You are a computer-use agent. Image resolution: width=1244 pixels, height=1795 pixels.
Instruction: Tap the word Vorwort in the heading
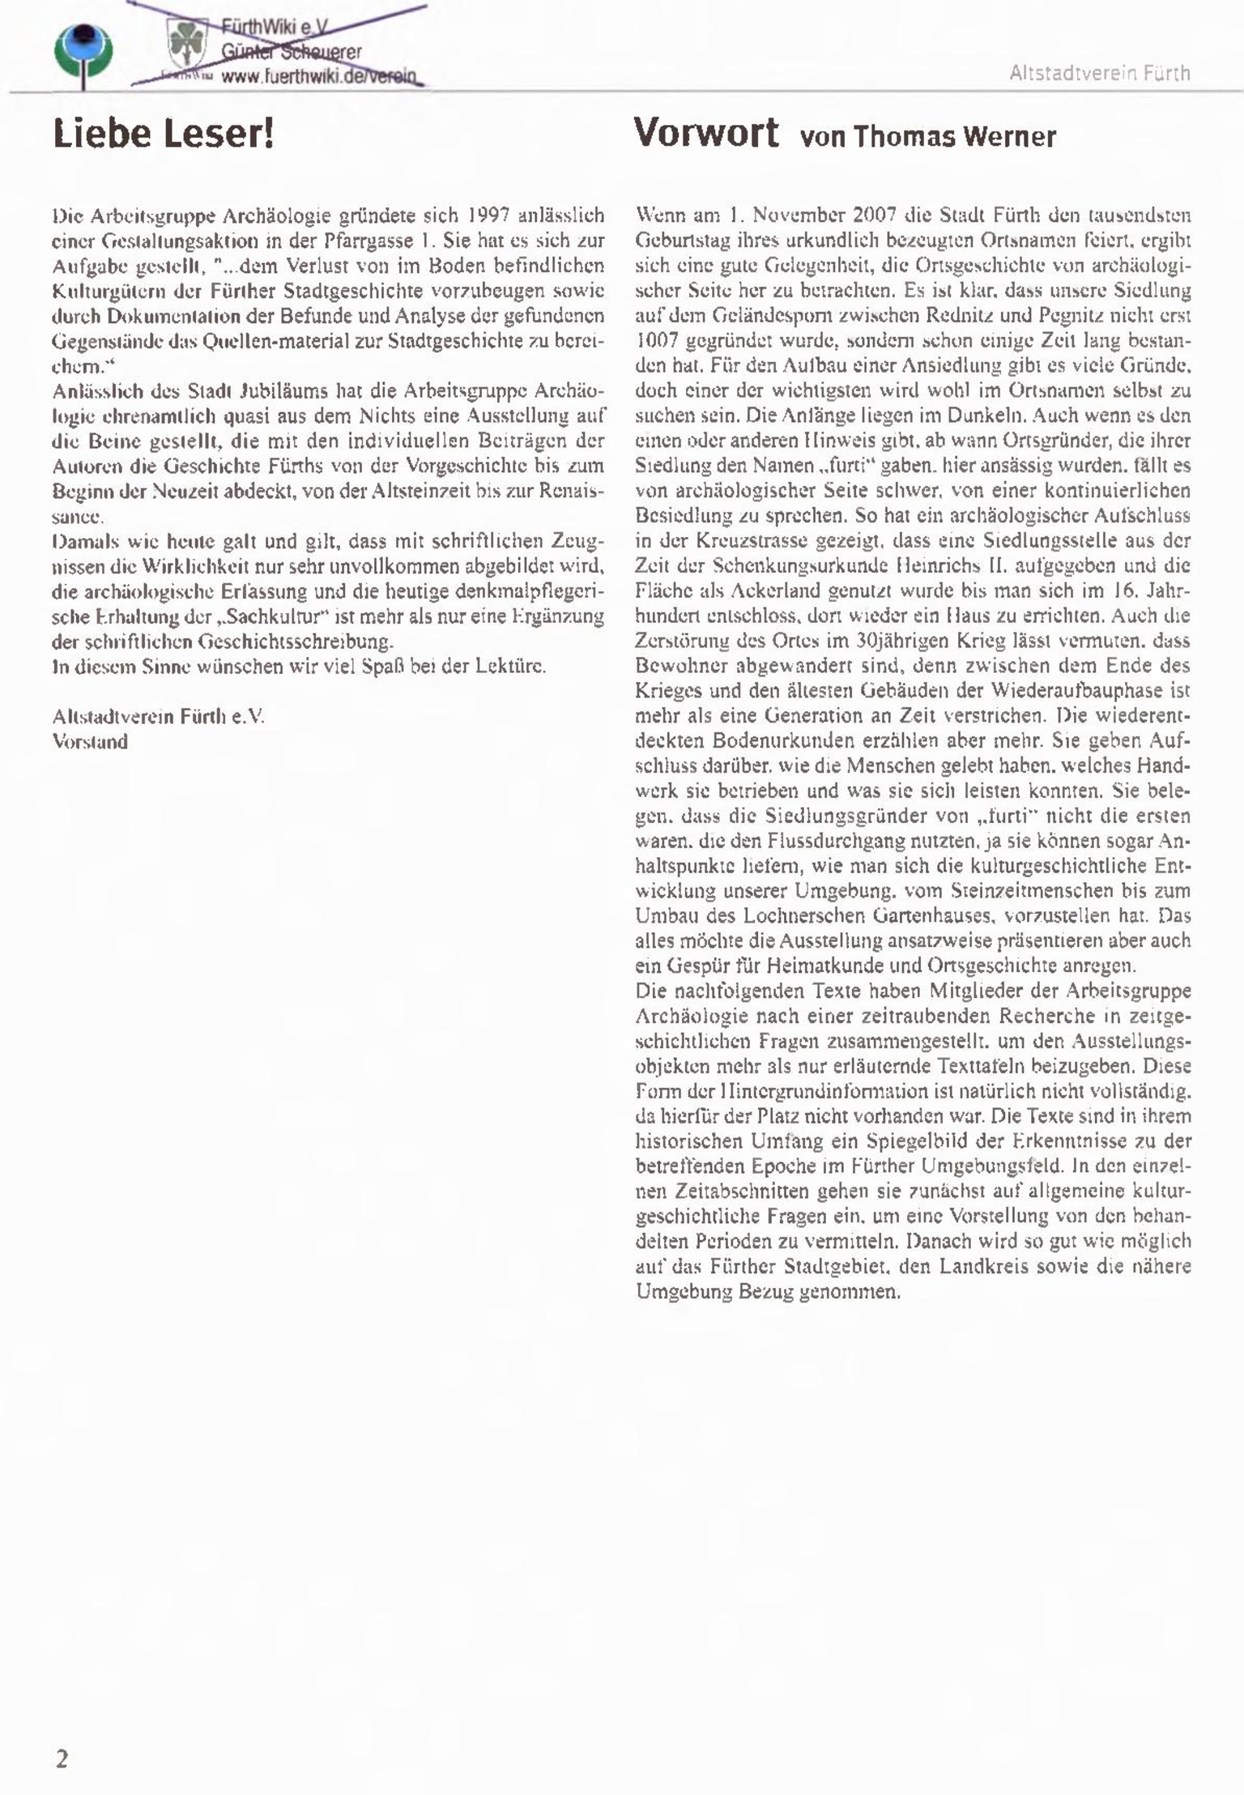pos(705,132)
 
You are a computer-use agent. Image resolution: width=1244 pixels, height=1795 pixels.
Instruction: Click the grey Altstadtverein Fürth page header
pos(1099,74)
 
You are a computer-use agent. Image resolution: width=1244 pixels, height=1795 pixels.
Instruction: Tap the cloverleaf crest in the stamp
pos(187,45)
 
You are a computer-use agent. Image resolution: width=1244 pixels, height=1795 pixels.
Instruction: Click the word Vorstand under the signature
pos(90,742)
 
